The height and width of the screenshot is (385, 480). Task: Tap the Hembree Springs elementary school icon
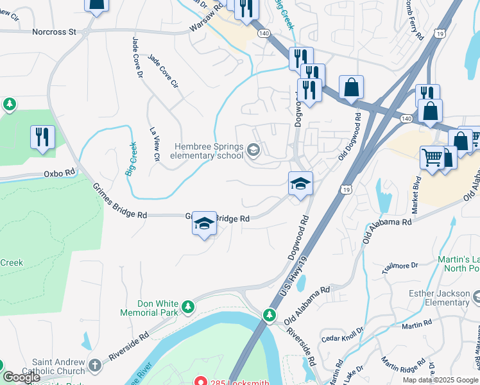click(253, 151)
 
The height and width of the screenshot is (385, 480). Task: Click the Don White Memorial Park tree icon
click(187, 307)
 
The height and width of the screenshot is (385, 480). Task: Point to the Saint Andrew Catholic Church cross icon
click(95, 365)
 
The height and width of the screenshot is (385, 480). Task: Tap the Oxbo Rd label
click(60, 173)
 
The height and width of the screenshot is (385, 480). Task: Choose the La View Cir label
click(155, 144)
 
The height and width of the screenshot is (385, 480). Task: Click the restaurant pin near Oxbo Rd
click(42, 137)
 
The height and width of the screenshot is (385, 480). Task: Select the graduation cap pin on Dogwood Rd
click(300, 184)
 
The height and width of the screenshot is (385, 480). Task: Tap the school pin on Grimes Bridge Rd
click(204, 224)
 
